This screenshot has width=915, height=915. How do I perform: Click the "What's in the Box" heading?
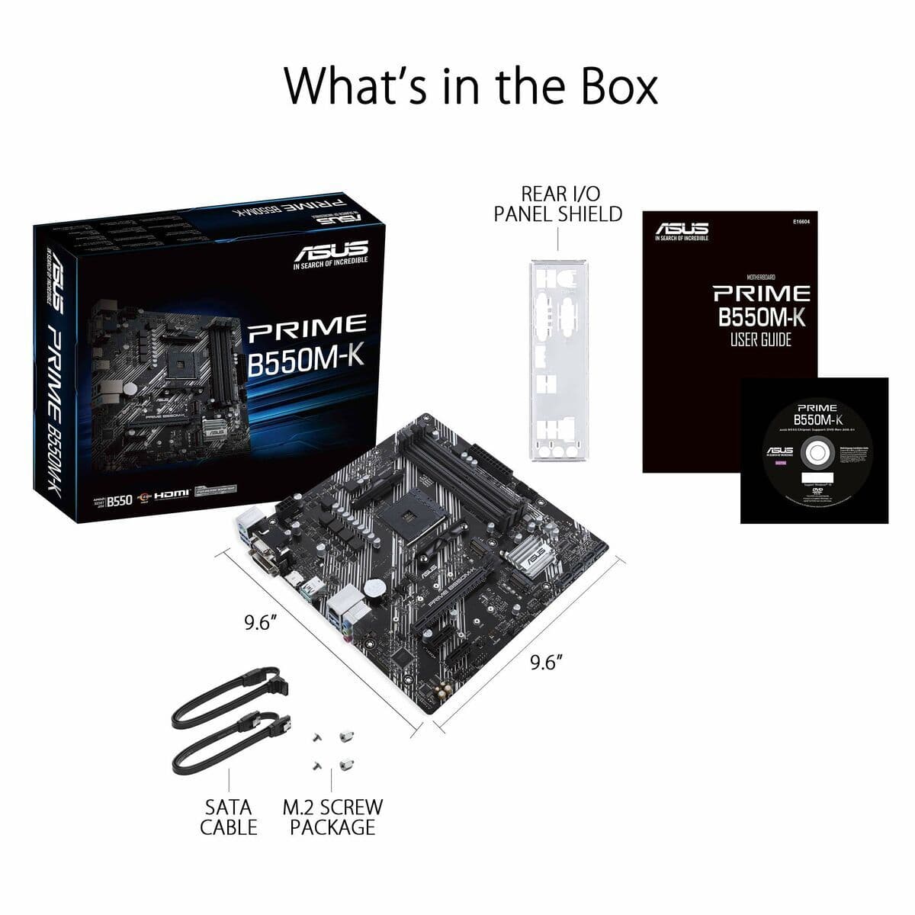pyautogui.click(x=470, y=85)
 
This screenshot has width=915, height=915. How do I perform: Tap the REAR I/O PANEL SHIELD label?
pyautogui.click(x=557, y=204)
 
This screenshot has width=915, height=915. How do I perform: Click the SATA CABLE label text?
pyautogui.click(x=229, y=817)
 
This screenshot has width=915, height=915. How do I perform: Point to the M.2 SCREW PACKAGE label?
pyautogui.click(x=332, y=817)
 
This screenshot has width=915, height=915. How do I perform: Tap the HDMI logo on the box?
pyautogui.click(x=172, y=496)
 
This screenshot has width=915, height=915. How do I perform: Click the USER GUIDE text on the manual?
pyautogui.click(x=761, y=340)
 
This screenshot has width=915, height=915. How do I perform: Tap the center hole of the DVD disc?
pyautogui.click(x=814, y=452)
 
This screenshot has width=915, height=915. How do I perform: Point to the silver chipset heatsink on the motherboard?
pyautogui.click(x=535, y=554)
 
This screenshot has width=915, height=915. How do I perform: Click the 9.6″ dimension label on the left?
pyautogui.click(x=260, y=623)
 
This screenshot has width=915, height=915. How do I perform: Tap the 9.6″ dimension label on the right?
pyautogui.click(x=546, y=662)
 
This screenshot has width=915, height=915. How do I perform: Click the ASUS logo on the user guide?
pyautogui.click(x=682, y=228)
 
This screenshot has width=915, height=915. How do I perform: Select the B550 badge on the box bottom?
pyautogui.click(x=120, y=500)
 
